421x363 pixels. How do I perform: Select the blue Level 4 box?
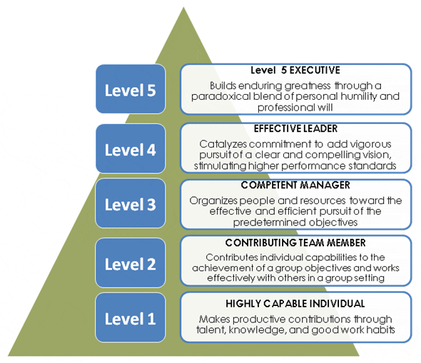(130, 149)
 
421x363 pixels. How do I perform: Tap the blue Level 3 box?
(130, 204)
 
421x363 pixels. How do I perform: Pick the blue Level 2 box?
(130, 263)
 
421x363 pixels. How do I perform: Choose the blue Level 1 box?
(130, 317)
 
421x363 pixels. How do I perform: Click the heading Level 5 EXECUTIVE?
(295, 71)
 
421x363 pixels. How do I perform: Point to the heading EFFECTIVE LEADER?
(295, 129)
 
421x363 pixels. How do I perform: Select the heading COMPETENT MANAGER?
(295, 185)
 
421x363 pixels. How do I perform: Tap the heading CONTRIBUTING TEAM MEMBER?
(295, 242)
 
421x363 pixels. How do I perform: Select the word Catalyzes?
(220, 143)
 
